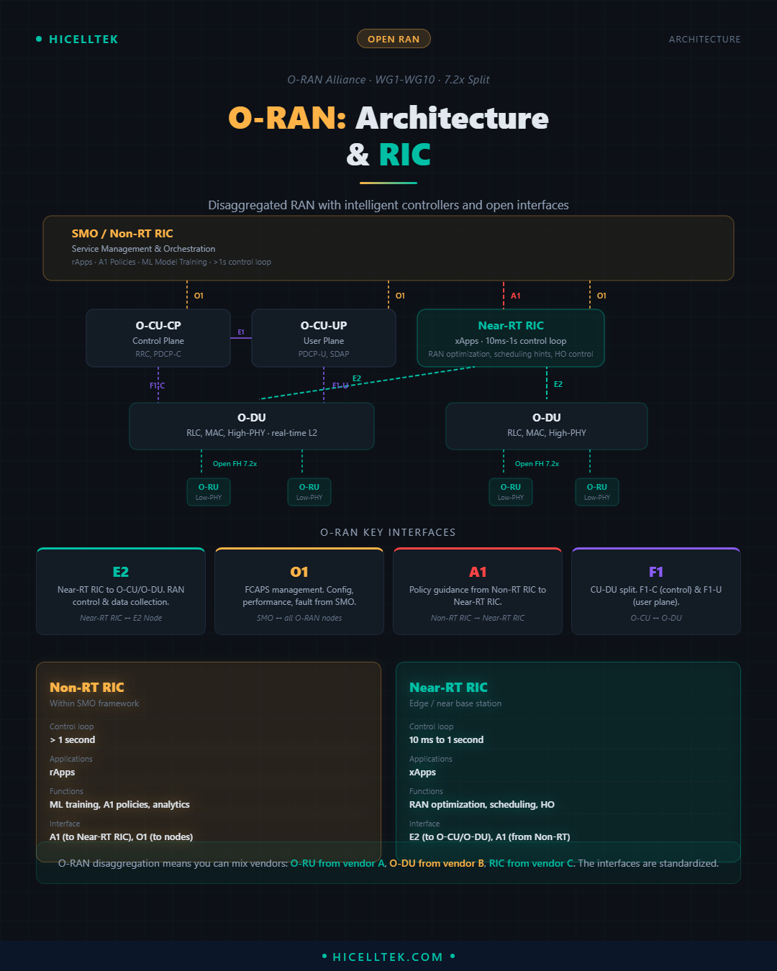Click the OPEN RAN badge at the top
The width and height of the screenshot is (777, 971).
click(394, 39)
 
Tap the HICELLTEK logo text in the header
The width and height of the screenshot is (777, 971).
click(83, 40)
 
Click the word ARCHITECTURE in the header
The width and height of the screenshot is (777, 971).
click(704, 40)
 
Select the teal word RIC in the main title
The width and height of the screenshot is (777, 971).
click(405, 155)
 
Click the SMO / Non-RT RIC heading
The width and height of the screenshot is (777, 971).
click(122, 234)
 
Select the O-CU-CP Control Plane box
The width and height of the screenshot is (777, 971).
click(158, 338)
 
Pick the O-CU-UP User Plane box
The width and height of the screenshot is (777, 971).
click(324, 338)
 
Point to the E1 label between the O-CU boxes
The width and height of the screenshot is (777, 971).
click(241, 332)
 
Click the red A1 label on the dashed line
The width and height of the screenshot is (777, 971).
click(516, 296)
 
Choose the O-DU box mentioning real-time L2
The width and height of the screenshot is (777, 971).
click(252, 426)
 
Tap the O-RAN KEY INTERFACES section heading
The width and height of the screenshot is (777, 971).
click(388, 532)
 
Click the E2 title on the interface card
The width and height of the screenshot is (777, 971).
click(121, 572)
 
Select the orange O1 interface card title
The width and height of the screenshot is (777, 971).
click(299, 572)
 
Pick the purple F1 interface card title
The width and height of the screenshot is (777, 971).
click(656, 572)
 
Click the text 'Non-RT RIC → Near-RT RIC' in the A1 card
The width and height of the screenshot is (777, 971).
click(478, 618)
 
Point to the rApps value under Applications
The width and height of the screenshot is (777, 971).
click(62, 772)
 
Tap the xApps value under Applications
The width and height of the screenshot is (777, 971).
click(422, 772)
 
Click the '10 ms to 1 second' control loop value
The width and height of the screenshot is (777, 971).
click(446, 740)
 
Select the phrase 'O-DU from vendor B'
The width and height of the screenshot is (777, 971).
click(437, 863)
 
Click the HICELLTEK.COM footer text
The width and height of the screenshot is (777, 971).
click(388, 957)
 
